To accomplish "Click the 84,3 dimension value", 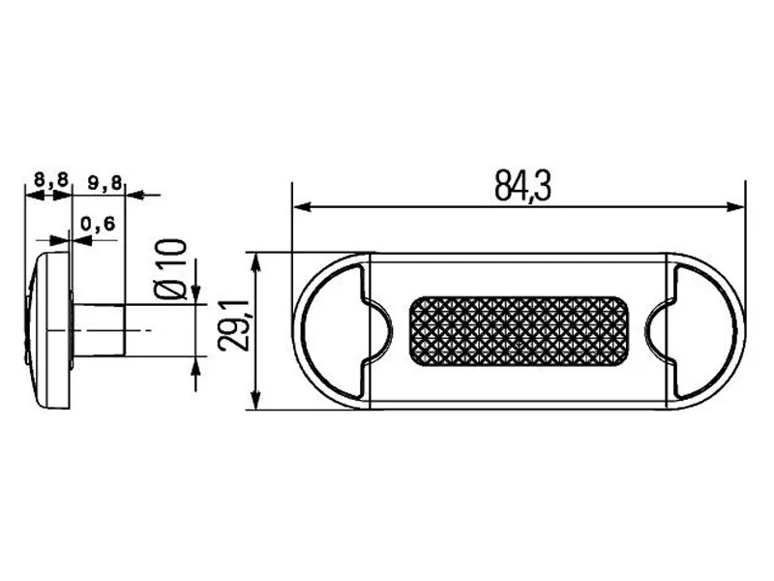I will pyautogui.click(x=522, y=187).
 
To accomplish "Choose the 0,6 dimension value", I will pyautogui.click(x=99, y=224).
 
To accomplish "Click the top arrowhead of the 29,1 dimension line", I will pyautogui.click(x=256, y=260).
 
